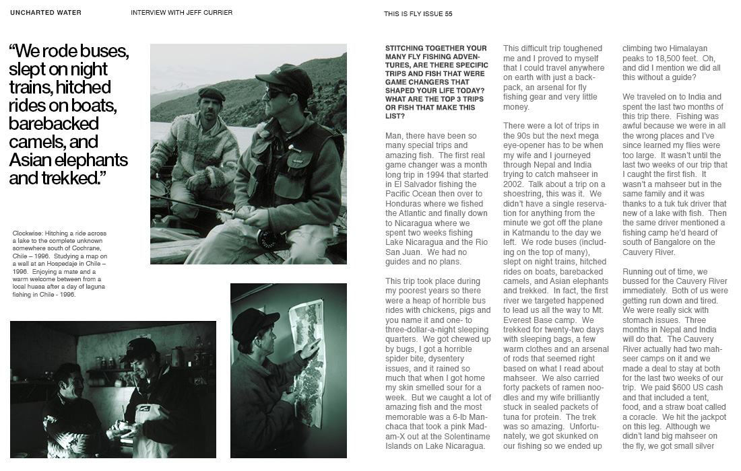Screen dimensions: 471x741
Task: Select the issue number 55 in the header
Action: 448,13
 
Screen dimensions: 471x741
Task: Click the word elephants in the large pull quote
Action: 89,160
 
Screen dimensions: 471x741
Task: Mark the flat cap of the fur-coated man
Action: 211,93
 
